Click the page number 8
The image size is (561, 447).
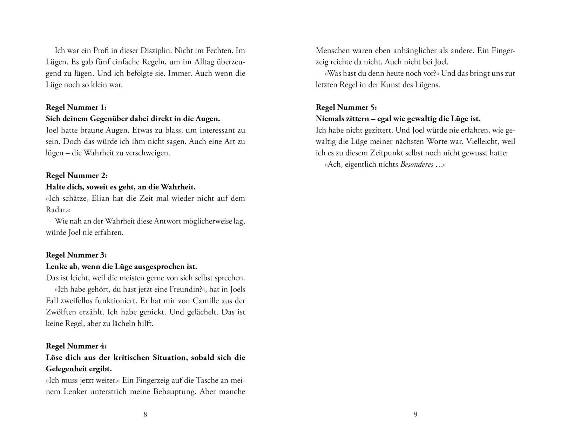[145, 414]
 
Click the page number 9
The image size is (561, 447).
[415, 414]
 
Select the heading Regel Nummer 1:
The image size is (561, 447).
[76, 107]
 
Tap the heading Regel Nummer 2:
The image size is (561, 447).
[76, 175]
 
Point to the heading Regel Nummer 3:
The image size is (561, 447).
[76, 255]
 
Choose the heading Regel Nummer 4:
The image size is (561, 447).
[76, 346]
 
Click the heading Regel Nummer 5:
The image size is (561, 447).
[346, 107]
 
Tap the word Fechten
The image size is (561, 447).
[211, 51]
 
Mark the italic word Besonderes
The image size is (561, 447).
[417, 164]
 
